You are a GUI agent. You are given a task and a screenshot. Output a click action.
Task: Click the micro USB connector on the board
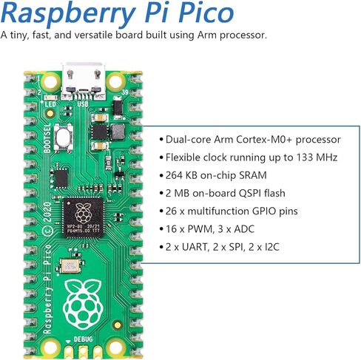click(x=84, y=81)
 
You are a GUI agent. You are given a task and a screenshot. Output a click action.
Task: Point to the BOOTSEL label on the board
click(x=47, y=138)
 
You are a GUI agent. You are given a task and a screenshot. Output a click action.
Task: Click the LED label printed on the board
click(x=50, y=104)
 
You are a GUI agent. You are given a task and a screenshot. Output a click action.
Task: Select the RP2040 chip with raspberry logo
click(x=84, y=217)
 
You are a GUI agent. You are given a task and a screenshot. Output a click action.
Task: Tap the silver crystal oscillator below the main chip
click(x=70, y=266)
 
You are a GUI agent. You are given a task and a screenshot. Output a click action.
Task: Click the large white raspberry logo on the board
click(x=83, y=305)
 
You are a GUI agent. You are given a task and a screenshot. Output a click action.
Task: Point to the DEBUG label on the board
click(x=84, y=339)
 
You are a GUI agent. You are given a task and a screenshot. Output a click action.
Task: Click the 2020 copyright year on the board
click(x=47, y=212)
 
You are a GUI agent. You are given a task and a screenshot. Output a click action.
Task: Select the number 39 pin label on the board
click(x=125, y=92)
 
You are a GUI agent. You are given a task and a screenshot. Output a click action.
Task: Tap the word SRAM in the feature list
click(x=253, y=175)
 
